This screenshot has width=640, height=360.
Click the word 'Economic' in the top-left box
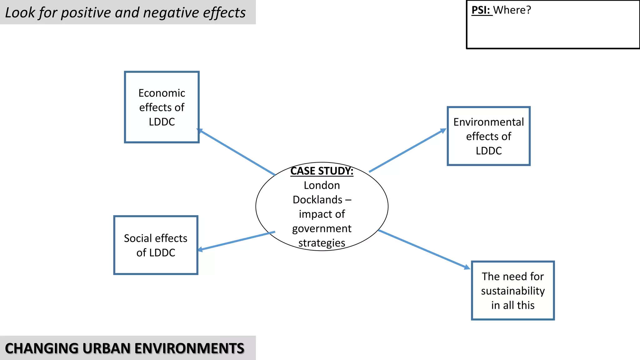(162, 93)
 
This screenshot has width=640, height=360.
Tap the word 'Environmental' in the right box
(488, 122)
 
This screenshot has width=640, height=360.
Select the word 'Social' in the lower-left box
(137, 238)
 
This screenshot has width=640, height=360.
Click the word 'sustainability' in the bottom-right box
(513, 291)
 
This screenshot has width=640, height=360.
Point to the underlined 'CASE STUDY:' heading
(322, 171)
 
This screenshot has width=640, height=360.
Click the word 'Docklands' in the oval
(317, 200)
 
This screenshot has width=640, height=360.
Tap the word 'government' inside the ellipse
(322, 229)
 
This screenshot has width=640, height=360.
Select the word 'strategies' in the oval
(322, 243)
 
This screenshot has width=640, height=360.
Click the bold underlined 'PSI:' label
(481, 10)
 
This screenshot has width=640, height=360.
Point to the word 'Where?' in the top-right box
(512, 10)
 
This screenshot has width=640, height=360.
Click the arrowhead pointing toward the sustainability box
(467, 267)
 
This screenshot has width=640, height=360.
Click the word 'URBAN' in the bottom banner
(107, 348)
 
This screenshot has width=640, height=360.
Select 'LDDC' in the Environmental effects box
(488, 151)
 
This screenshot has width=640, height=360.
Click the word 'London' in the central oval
(322, 185)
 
